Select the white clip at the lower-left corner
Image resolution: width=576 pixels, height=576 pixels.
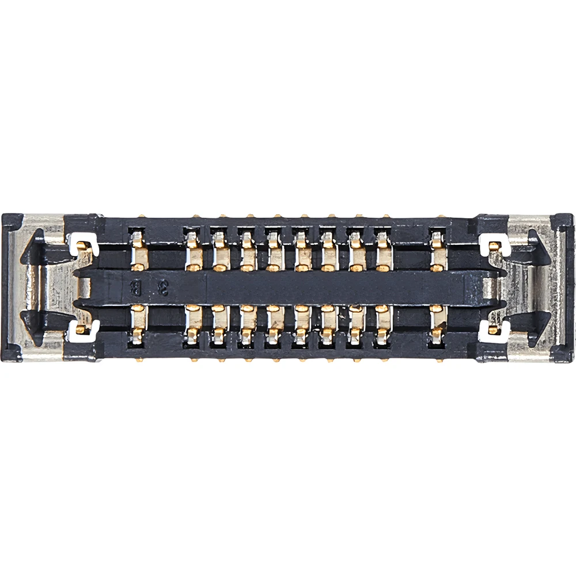[81, 330]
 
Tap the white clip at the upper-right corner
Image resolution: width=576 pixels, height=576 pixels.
[494, 244]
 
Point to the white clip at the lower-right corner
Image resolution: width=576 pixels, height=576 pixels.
[494, 330]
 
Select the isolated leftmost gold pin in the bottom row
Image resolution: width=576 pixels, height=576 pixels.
[138, 324]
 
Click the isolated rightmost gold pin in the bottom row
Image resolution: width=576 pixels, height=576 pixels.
[438, 324]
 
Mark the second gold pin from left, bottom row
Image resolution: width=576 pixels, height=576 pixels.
[194, 324]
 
